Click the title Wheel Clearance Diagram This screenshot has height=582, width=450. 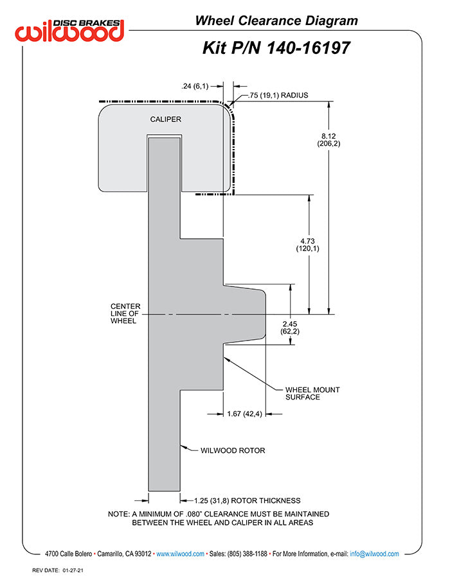(276, 21)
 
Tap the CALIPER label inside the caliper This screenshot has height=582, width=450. (165, 119)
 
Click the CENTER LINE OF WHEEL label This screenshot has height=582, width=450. (125, 313)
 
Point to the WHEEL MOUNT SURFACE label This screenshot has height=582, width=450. (312, 393)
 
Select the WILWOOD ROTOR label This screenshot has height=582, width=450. (232, 450)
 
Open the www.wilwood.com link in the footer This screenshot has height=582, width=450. (180, 553)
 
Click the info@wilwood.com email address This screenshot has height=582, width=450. (374, 553)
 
